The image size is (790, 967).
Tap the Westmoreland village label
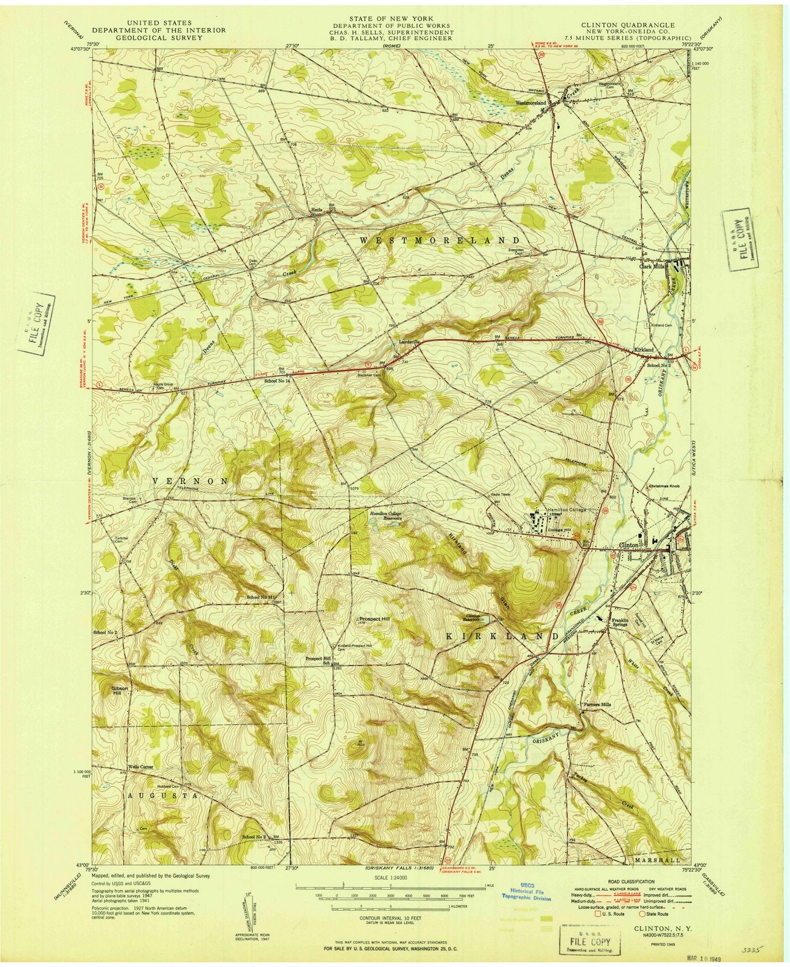point(531,103)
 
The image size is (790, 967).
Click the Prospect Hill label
point(374,620)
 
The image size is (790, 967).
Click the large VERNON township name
point(190,480)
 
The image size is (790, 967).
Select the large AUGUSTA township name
point(163,797)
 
